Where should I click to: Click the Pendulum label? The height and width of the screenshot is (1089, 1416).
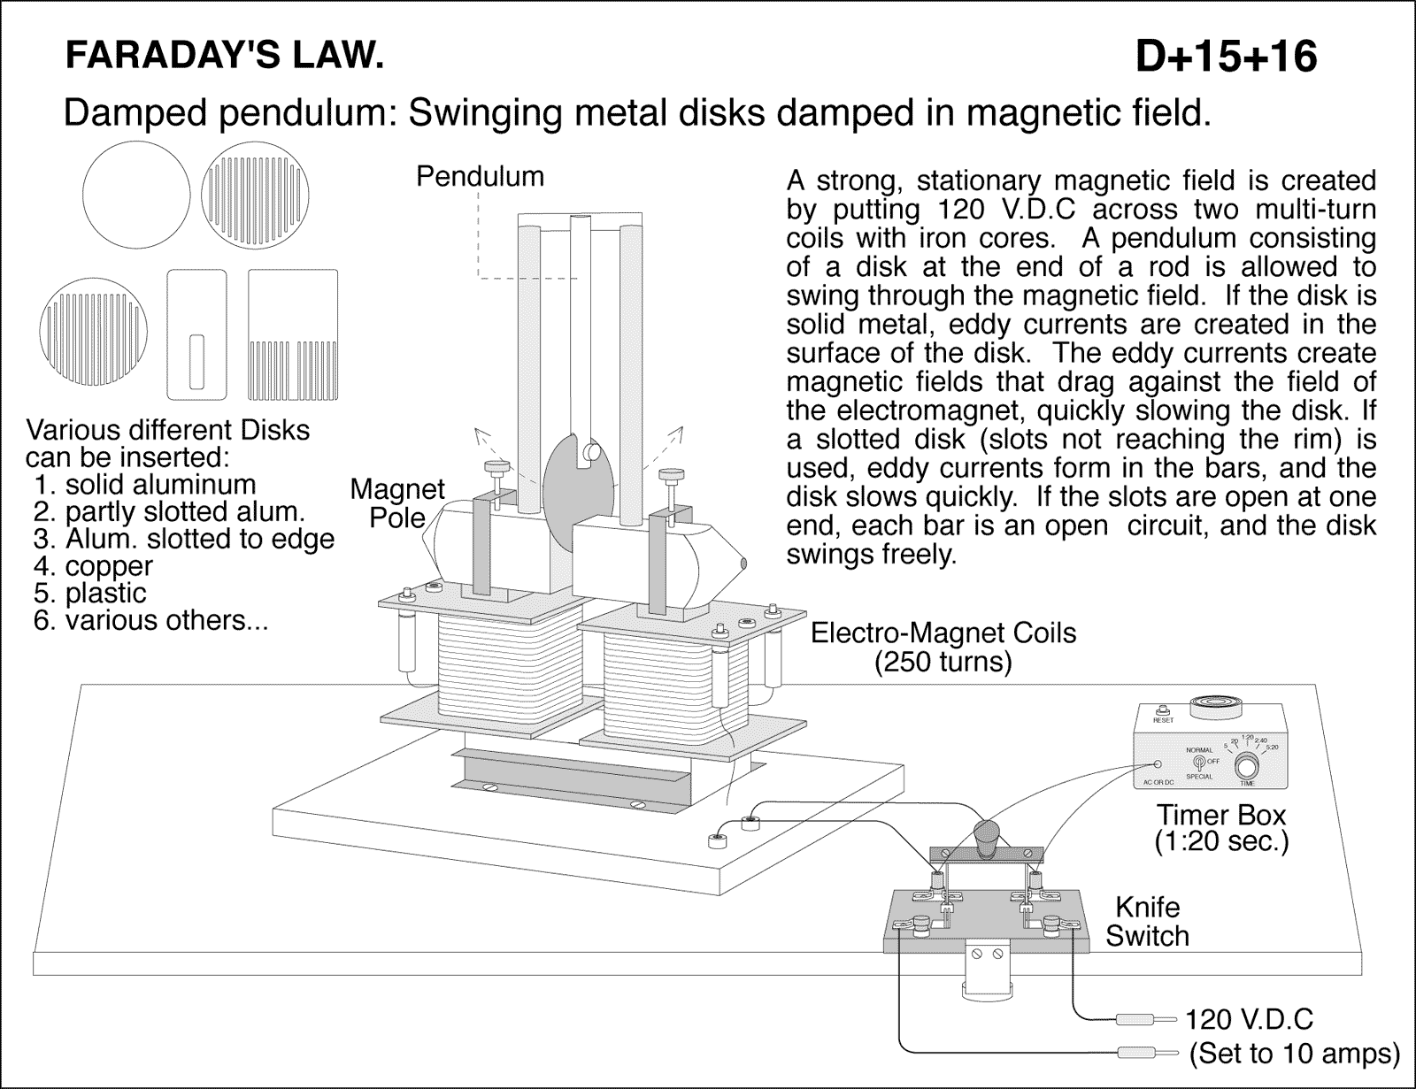click(480, 176)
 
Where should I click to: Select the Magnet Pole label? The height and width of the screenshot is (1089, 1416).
click(396, 502)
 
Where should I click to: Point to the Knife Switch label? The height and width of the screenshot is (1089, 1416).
click(1147, 921)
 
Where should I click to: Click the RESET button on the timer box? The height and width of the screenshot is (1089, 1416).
click(1163, 709)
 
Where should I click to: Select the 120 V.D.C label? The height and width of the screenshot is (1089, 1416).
click(1249, 1019)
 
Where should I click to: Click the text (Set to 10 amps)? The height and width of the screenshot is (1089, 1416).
click(1295, 1054)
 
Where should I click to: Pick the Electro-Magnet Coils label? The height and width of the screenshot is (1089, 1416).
click(943, 633)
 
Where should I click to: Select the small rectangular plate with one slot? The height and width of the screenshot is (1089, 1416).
click(197, 334)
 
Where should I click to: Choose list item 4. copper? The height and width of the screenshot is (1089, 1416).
click(93, 565)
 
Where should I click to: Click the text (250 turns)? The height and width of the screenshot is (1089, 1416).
click(943, 661)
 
